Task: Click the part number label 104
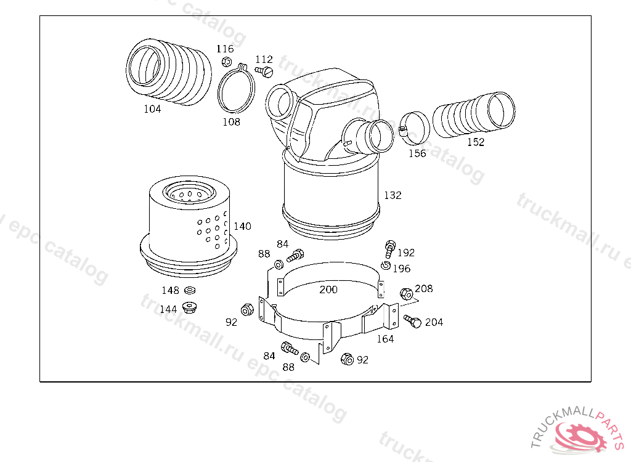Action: coord(152,108)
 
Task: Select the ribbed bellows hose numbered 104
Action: coord(169,72)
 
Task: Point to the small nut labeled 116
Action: coord(227,62)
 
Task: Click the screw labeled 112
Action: coord(264,71)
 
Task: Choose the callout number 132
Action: coord(393,195)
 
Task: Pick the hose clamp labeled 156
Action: coord(414,128)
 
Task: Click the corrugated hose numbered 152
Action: coord(474,115)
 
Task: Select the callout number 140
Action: coord(242,226)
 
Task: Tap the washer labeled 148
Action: coord(190,290)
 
